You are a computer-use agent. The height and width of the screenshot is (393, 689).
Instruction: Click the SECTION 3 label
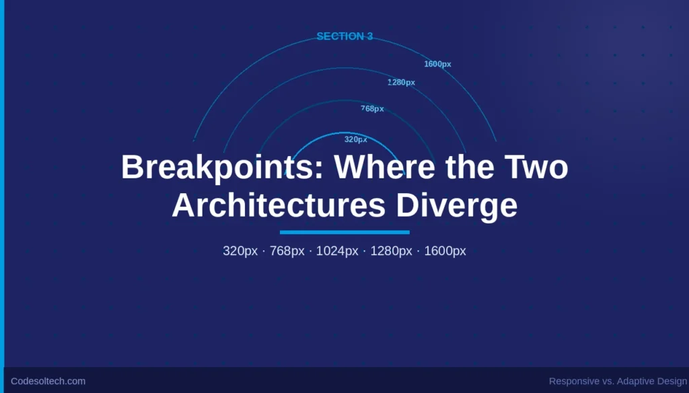coord(344,36)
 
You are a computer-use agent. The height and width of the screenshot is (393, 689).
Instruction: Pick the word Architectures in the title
coord(279,206)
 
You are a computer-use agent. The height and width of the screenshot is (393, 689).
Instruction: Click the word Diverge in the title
coord(457,206)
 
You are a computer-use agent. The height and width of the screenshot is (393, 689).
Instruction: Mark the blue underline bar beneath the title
coord(344,232)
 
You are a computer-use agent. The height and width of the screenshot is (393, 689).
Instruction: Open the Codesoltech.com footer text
coord(48,381)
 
